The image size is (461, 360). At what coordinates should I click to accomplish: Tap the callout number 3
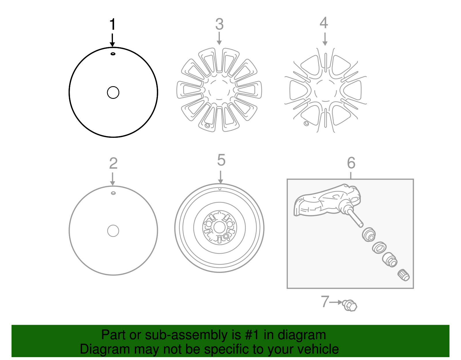219,24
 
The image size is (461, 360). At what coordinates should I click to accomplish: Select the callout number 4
324,23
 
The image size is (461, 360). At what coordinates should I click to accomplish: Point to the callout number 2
113,163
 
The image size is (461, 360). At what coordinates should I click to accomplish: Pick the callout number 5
221,160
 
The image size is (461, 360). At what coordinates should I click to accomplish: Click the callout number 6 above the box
351,163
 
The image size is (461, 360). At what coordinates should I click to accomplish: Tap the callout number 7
325,302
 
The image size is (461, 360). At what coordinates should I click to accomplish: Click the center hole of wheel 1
113,93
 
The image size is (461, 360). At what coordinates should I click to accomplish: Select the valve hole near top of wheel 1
113,54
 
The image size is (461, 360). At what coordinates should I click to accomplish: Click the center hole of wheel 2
113,231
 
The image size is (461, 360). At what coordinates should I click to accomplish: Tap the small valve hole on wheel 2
113,193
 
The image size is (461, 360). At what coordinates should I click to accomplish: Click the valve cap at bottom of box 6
403,275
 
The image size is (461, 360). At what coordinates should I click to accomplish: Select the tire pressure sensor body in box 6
326,202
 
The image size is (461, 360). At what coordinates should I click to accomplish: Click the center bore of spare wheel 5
220,227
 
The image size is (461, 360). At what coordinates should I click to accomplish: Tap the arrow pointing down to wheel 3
219,39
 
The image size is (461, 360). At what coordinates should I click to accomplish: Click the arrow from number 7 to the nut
336,302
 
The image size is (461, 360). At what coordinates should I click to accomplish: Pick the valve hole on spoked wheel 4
306,124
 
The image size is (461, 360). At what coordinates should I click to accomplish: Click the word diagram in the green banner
302,335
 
